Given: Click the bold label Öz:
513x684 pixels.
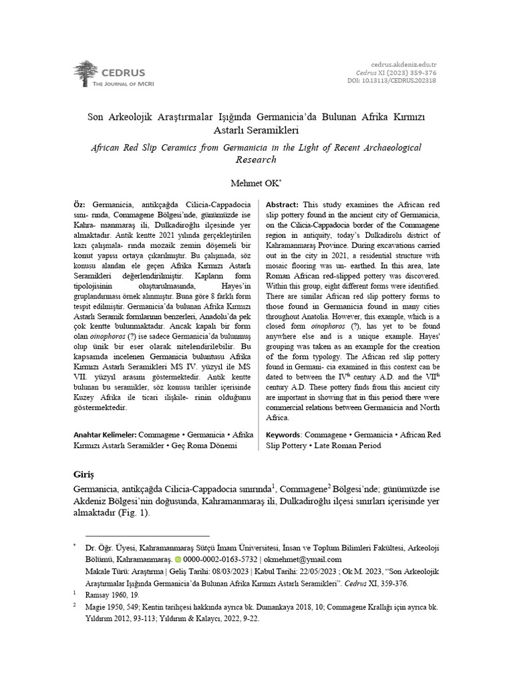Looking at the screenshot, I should (80, 203).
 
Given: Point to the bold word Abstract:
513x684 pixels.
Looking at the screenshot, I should (283, 203).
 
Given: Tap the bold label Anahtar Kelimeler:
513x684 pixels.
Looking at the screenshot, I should (106, 435).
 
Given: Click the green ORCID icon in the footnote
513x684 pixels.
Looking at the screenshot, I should (178, 560).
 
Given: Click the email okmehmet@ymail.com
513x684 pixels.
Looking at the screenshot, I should (302, 560).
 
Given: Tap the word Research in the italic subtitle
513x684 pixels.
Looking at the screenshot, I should (256, 160).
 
